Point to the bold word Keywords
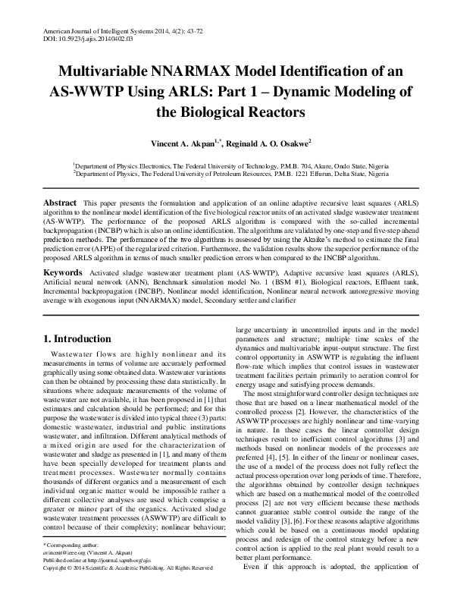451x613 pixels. click(x=62, y=271)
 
